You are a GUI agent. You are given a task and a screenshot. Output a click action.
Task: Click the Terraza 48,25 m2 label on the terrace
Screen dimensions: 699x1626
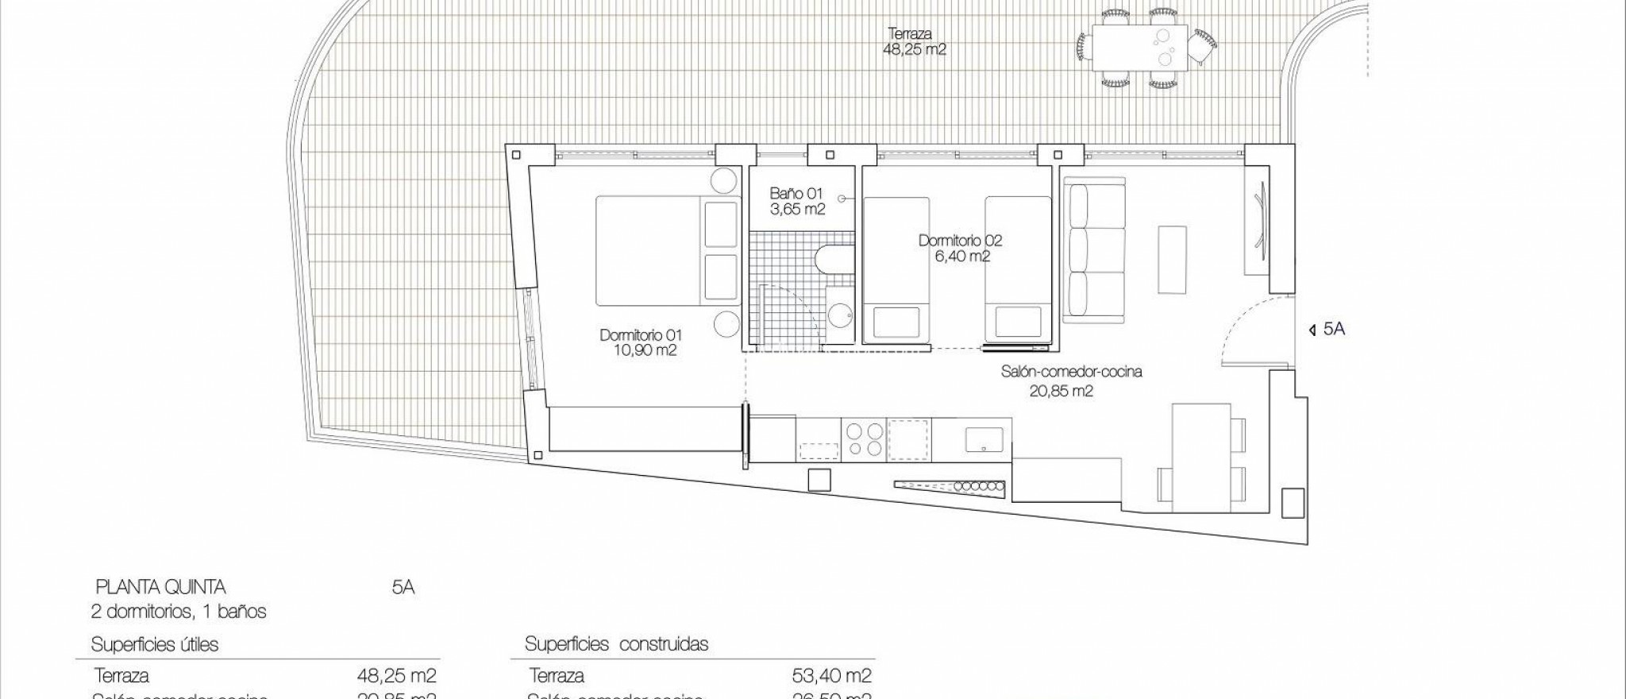pyautogui.click(x=915, y=41)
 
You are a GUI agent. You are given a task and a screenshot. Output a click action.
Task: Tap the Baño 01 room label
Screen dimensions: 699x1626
pyautogui.click(x=797, y=202)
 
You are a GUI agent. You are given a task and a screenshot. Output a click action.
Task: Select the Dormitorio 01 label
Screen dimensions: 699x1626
pyautogui.click(x=639, y=342)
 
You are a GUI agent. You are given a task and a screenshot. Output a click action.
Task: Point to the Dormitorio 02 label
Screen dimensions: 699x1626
pyautogui.click(x=960, y=248)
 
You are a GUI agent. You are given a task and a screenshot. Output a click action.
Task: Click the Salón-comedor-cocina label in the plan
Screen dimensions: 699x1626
pyautogui.click(x=1071, y=380)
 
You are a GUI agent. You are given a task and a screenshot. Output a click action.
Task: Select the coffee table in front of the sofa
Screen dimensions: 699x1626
pyautogui.click(x=1172, y=259)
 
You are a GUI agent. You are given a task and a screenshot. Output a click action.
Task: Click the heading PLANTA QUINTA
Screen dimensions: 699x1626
pyautogui.click(x=160, y=588)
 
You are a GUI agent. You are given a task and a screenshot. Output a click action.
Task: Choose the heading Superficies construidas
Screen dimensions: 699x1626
pyautogui.click(x=616, y=644)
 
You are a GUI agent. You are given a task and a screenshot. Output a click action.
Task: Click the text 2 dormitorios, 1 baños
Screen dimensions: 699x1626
pyautogui.click(x=178, y=612)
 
